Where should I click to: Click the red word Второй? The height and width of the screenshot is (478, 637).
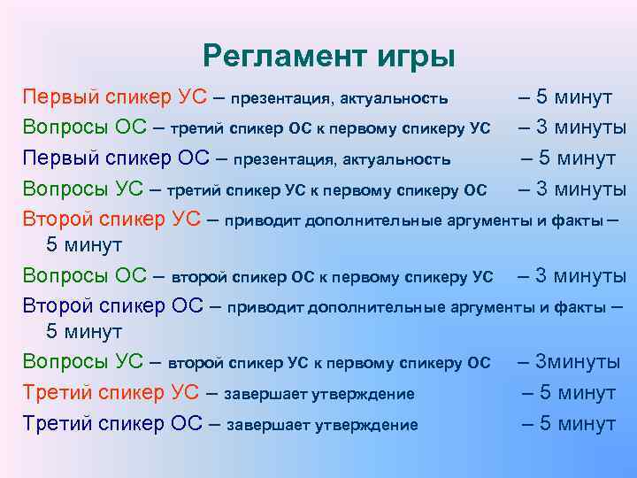tap(57, 218)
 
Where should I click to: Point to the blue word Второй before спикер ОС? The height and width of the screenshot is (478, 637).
tap(57, 306)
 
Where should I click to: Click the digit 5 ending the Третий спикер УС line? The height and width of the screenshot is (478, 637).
tap(547, 392)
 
